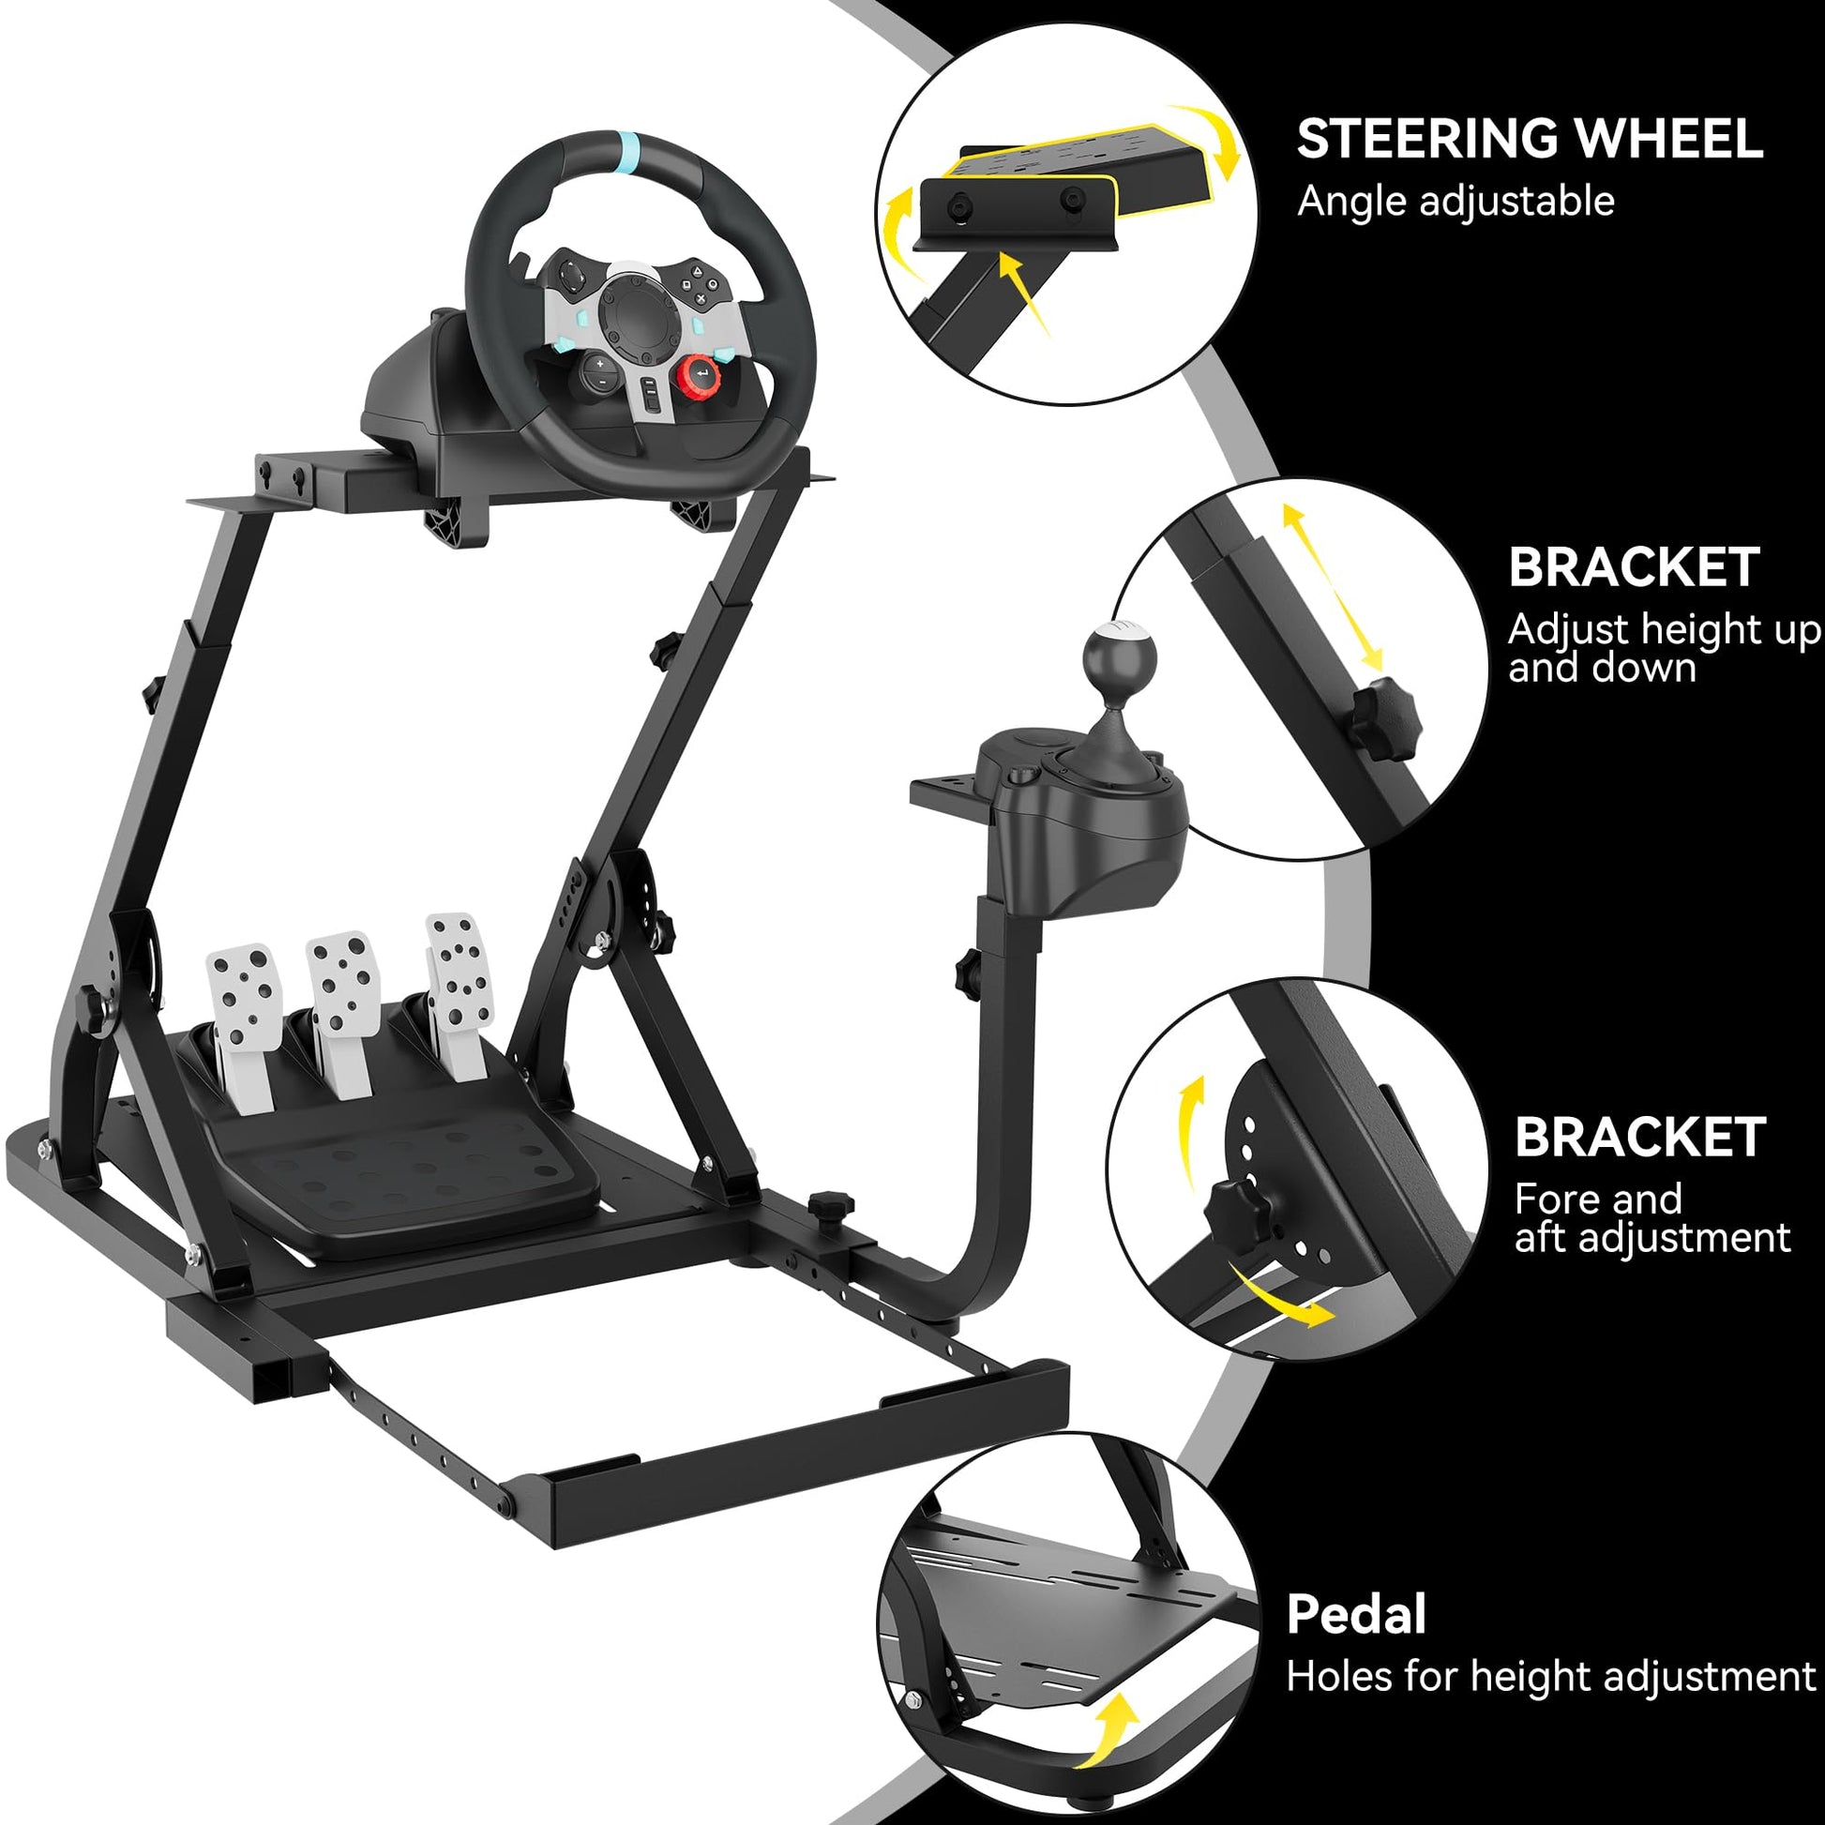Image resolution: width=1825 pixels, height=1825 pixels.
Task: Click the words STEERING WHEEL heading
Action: click(1530, 139)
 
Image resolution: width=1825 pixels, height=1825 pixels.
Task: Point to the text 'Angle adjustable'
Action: click(1455, 203)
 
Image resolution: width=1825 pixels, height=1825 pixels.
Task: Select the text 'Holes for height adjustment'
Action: click(1550, 1677)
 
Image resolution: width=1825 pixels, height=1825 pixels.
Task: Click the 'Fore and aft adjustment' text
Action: click(1652, 1217)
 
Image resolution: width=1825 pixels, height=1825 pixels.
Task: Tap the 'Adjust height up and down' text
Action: click(1663, 648)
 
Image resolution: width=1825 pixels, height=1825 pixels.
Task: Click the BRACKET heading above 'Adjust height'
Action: click(1634, 566)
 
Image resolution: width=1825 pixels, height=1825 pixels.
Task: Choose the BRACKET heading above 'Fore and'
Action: click(1640, 1137)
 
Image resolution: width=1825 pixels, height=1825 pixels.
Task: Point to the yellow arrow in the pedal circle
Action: click(1111, 1732)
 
